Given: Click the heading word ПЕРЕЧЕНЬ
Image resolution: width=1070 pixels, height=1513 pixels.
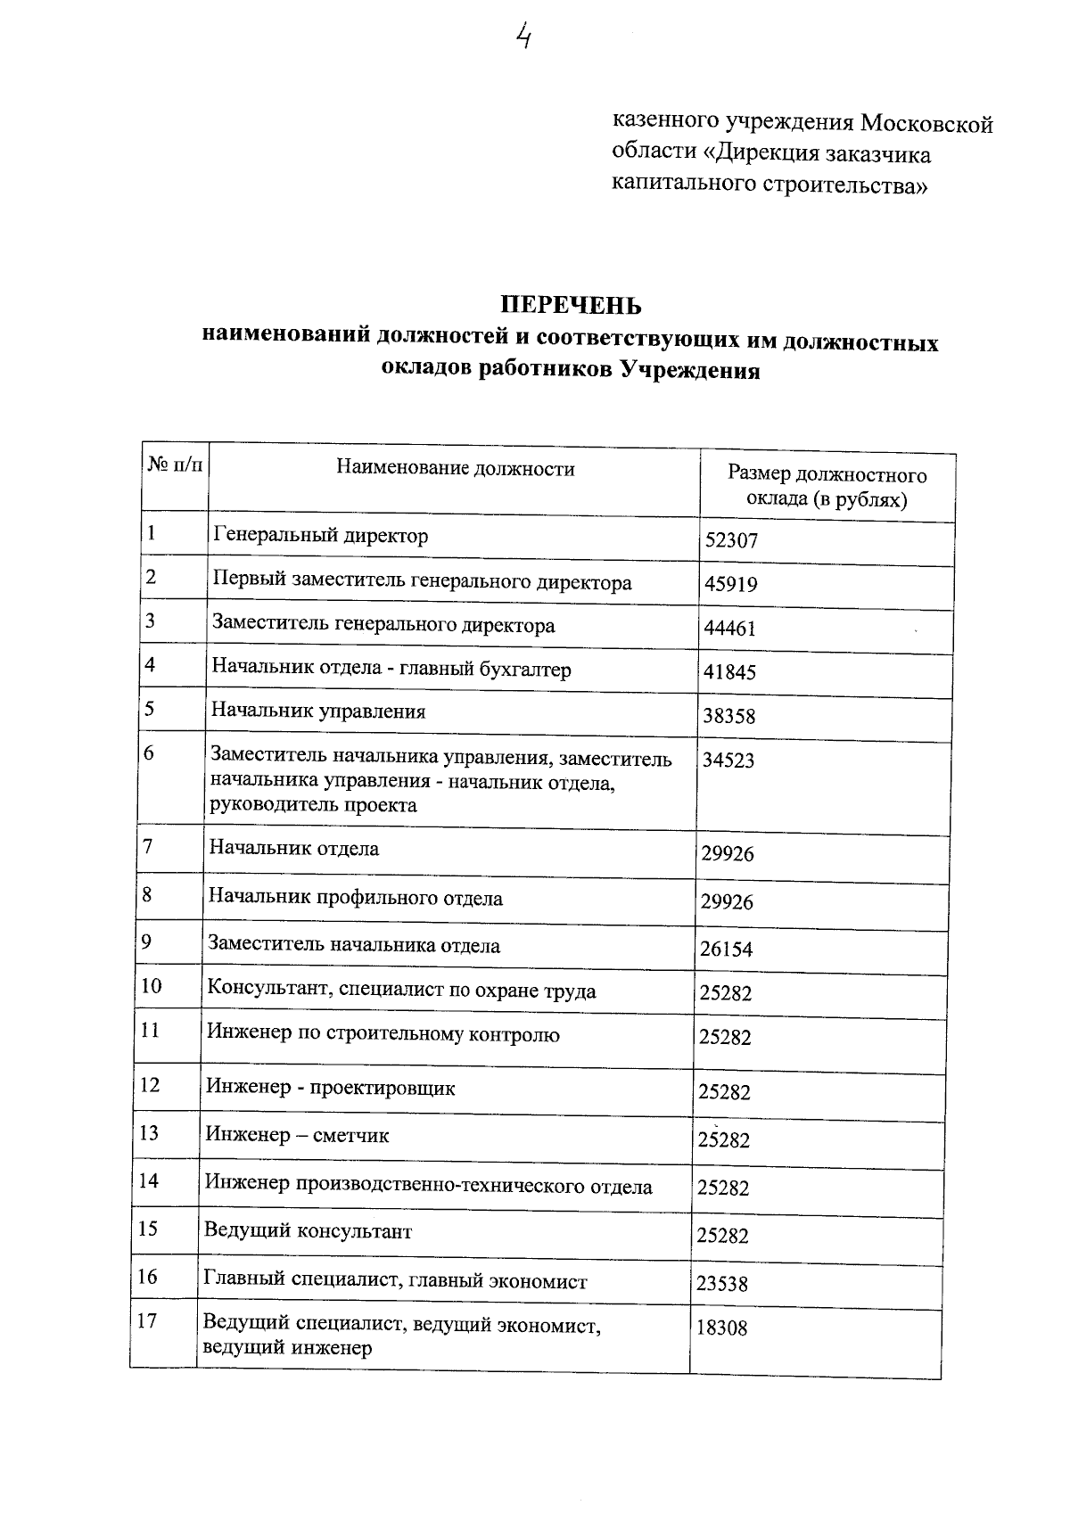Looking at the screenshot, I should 571,306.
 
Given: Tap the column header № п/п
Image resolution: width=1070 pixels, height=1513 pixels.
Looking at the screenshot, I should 174,465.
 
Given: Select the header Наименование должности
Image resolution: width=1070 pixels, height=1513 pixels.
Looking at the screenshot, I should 455,469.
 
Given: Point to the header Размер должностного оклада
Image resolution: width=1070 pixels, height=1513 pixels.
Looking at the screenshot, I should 827,487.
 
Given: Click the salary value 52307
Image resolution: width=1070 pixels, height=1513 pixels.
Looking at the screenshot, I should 731,541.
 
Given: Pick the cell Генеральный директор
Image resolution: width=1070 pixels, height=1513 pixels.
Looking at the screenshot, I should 321,536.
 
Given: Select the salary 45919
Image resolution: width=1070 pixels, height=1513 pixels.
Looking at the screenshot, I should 731,585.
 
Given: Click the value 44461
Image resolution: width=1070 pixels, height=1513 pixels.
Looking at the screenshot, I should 730,629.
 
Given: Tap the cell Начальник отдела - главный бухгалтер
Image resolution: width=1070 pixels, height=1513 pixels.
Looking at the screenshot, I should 391,669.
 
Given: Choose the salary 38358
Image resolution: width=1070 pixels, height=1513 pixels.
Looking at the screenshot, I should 729,717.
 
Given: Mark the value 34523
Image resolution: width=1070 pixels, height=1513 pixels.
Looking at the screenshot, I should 728,761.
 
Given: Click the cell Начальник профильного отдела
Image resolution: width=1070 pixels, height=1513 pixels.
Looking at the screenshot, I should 356,898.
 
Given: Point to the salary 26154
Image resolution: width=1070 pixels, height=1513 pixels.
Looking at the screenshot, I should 727,950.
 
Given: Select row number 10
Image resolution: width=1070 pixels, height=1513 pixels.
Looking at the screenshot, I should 151,986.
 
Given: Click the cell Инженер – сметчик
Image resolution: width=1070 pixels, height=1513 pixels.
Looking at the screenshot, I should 298,1136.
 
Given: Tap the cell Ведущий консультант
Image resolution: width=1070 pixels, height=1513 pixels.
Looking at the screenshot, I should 309,1232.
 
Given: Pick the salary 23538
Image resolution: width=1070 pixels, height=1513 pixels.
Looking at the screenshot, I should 723,1285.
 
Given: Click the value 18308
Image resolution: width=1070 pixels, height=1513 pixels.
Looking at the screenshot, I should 722,1328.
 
